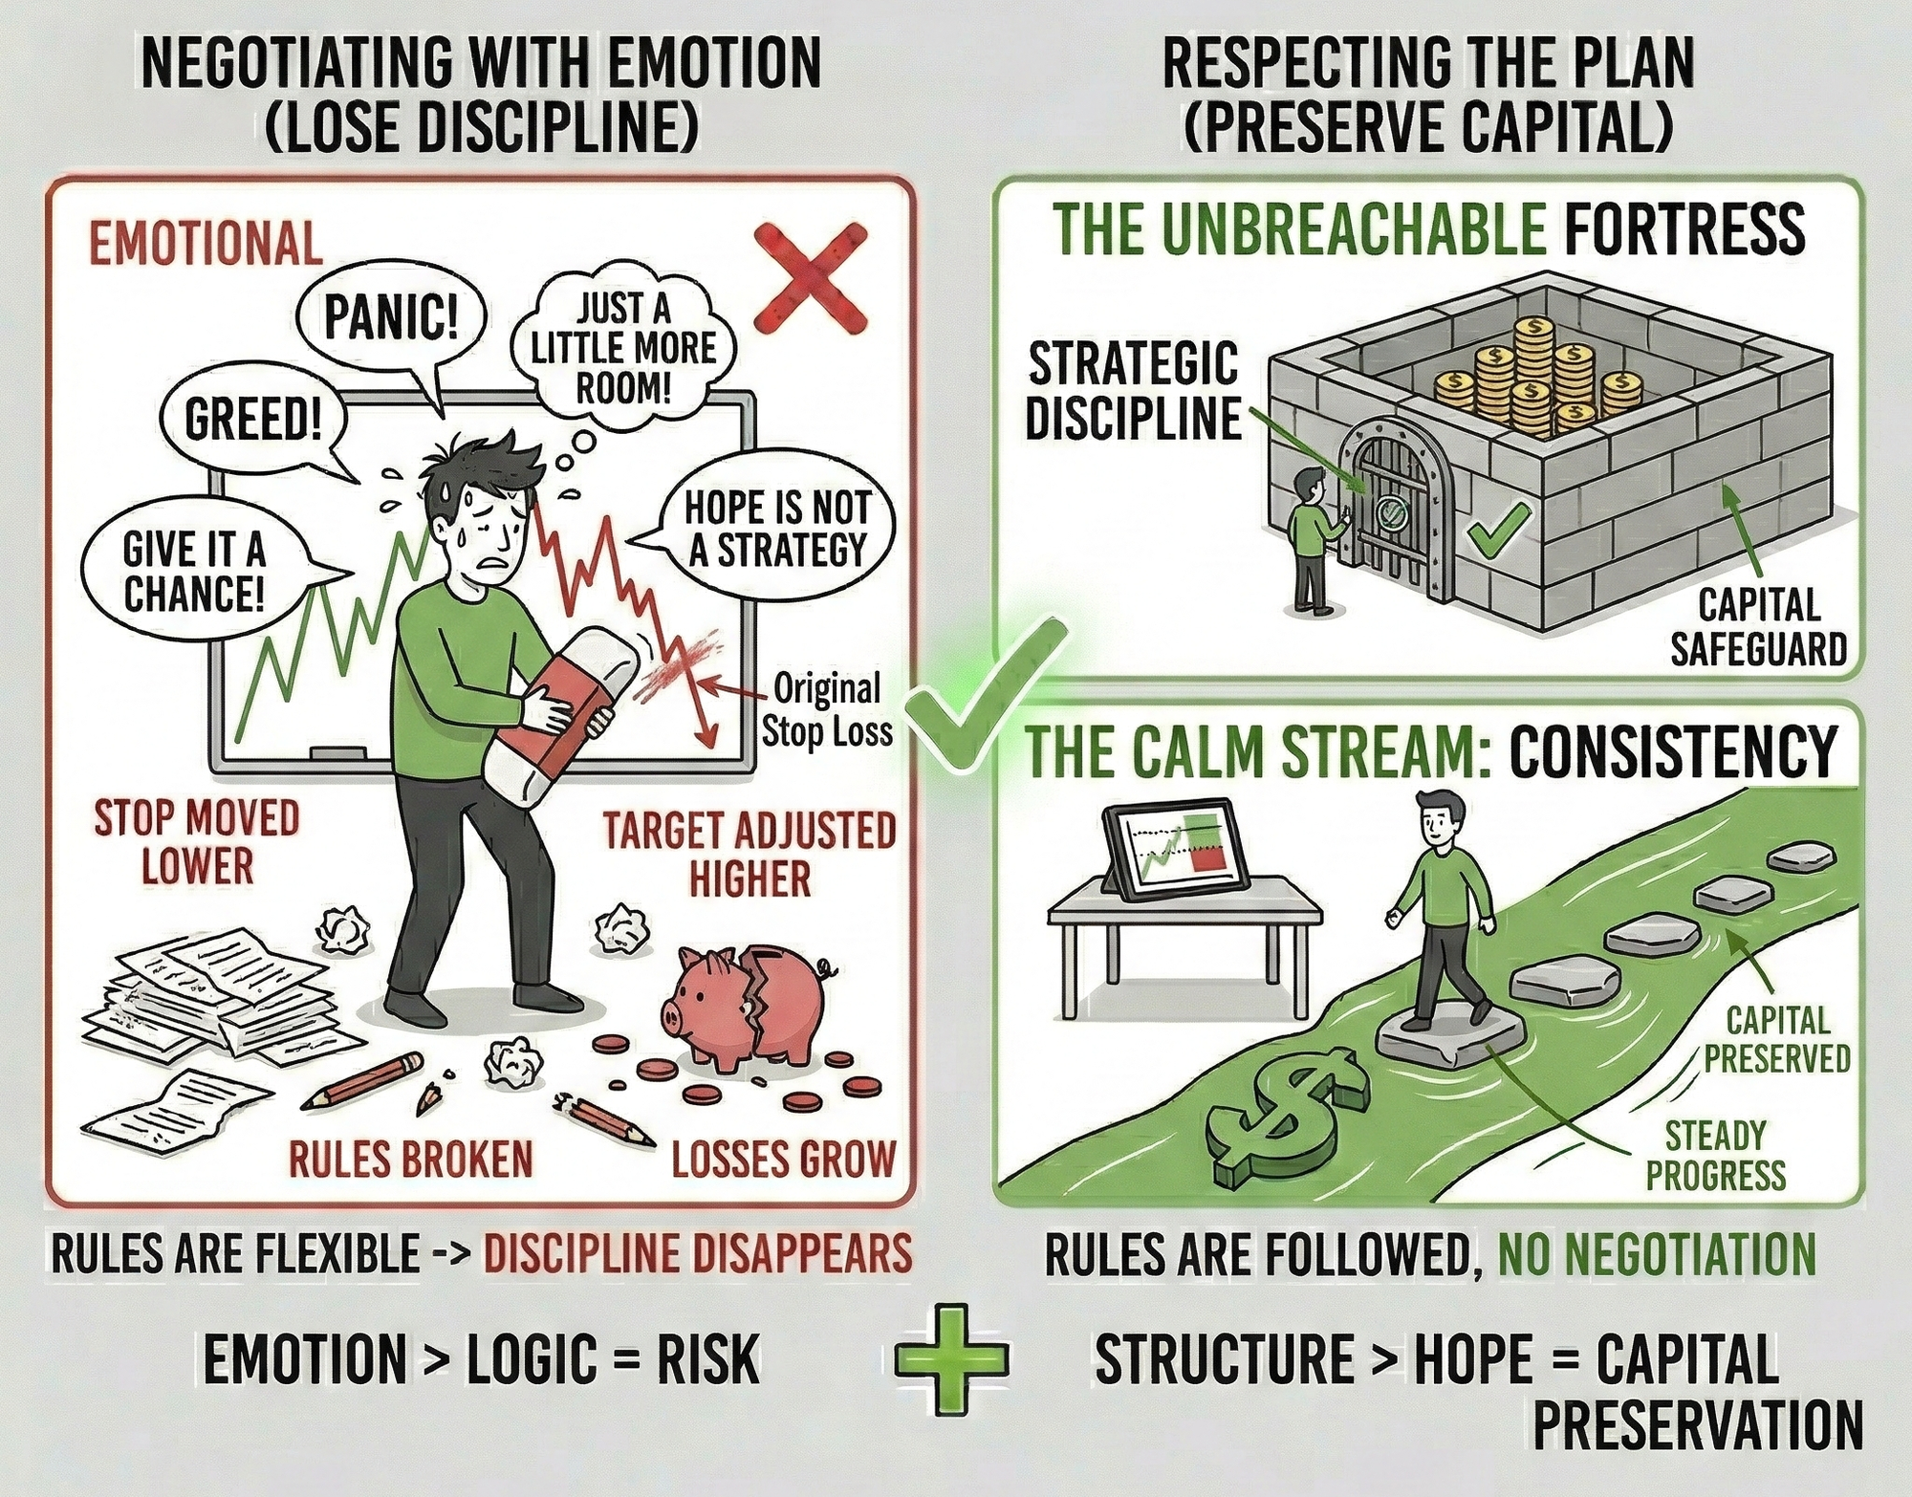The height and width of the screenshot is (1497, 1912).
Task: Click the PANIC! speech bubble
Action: click(x=391, y=317)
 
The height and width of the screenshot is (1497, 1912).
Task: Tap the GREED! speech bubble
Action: click(x=253, y=420)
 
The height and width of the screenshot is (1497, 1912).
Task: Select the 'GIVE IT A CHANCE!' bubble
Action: click(x=194, y=572)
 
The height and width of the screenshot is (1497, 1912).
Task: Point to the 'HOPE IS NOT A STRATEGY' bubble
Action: click(x=776, y=529)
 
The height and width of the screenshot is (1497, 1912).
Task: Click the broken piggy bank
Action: click(x=747, y=1004)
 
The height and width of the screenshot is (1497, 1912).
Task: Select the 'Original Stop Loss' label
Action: click(x=826, y=709)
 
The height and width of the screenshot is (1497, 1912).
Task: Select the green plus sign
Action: click(x=951, y=1358)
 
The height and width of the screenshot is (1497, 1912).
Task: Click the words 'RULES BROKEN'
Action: click(x=410, y=1160)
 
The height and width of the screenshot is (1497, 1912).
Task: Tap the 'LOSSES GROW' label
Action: click(x=783, y=1160)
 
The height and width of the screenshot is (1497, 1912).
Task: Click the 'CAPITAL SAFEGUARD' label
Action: click(x=1758, y=627)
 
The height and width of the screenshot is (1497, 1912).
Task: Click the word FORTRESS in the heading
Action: click(x=1684, y=229)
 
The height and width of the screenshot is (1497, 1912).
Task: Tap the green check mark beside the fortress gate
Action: click(x=1498, y=531)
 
